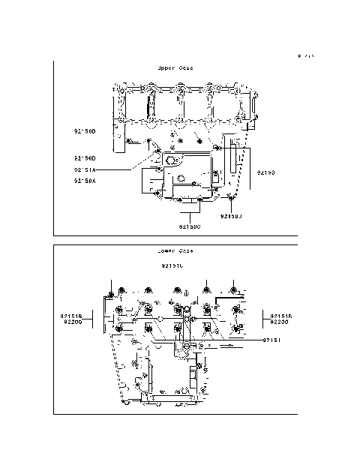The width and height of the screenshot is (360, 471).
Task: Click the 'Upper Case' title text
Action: [175, 67]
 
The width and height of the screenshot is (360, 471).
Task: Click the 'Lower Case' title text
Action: [175, 250]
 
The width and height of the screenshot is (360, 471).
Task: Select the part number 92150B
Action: [85, 131]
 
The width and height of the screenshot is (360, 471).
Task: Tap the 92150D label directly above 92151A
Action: [85, 158]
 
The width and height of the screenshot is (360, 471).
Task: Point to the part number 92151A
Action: [85, 169]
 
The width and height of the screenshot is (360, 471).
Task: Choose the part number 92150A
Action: [85, 180]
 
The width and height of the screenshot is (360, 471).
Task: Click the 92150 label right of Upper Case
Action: [266, 172]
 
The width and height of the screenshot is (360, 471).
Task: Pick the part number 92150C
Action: [190, 226]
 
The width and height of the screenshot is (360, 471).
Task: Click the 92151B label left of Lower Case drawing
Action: [71, 316]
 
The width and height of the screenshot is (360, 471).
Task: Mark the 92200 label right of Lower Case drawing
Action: [281, 323]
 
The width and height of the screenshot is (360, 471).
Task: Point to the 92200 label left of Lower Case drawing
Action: [71, 323]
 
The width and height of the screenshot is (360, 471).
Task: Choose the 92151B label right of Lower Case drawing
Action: [281, 316]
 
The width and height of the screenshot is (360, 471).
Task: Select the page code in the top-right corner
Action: [305, 56]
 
